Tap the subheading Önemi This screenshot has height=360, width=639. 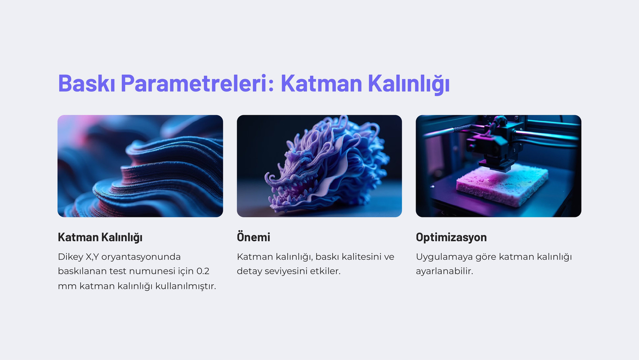[253, 237]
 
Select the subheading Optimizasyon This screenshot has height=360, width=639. [451, 237]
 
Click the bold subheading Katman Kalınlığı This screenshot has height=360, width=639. [100, 237]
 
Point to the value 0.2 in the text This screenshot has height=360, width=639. [203, 271]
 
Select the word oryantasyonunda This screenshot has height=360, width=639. [141, 257]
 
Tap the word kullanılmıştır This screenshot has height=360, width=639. [186, 286]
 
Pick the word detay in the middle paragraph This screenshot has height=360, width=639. [249, 272]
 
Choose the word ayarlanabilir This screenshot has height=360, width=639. [444, 272]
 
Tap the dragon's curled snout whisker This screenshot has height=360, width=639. [271, 179]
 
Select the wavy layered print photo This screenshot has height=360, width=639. [141, 166]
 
